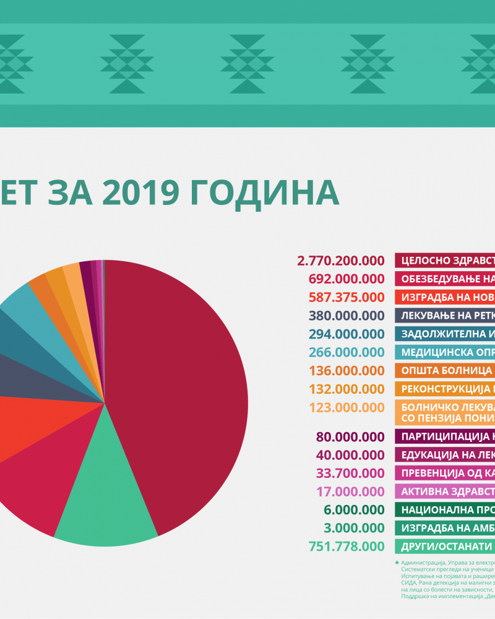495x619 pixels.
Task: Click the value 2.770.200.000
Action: tap(341, 261)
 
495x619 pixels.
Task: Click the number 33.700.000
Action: tap(350, 474)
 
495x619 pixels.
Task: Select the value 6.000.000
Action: tap(353, 510)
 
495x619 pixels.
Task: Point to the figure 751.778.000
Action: tap(345, 547)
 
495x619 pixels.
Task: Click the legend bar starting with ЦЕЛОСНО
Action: tap(445, 261)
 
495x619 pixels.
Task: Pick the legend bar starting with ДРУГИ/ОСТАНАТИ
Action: tap(445, 547)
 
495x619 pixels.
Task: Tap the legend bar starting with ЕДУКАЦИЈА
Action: tap(445, 455)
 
